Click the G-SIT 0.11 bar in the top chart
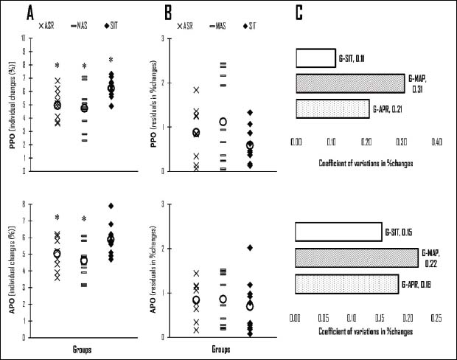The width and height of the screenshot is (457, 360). [x=315, y=58]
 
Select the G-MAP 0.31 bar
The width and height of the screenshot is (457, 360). [x=350, y=83]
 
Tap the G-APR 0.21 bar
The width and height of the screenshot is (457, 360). [x=332, y=108]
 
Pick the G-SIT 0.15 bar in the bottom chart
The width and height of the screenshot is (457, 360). [x=338, y=232]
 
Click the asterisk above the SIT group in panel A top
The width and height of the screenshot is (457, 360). [x=111, y=61]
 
